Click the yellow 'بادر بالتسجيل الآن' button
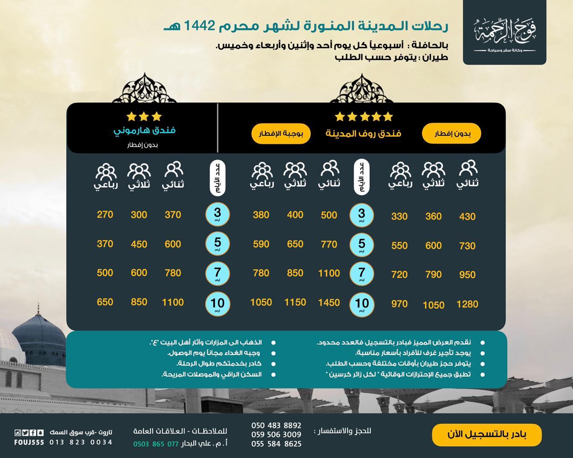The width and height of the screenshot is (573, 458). point(487,435)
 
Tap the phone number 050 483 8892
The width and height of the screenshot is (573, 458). point(276,425)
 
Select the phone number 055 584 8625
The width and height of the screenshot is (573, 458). point(276,444)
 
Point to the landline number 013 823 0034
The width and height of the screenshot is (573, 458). point(81,442)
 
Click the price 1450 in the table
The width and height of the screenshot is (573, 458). point(329,303)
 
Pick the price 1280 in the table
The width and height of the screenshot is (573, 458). point(467,305)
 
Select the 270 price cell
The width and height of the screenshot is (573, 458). point(105,215)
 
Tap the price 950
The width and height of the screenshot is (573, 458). point(467,275)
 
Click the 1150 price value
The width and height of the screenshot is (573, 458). point(295,303)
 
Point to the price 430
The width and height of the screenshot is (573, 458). point(467,217)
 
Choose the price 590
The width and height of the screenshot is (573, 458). point(261,244)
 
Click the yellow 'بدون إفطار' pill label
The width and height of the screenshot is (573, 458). point(451,134)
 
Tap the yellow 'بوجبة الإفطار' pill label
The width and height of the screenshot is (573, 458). point(281,134)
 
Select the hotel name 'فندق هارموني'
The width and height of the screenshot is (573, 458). point(144,131)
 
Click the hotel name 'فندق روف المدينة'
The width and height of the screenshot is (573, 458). point(363,133)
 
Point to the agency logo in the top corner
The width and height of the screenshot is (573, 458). point(505,32)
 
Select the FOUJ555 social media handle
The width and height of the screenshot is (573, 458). point(29,442)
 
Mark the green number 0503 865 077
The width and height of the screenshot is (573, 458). point(156,444)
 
